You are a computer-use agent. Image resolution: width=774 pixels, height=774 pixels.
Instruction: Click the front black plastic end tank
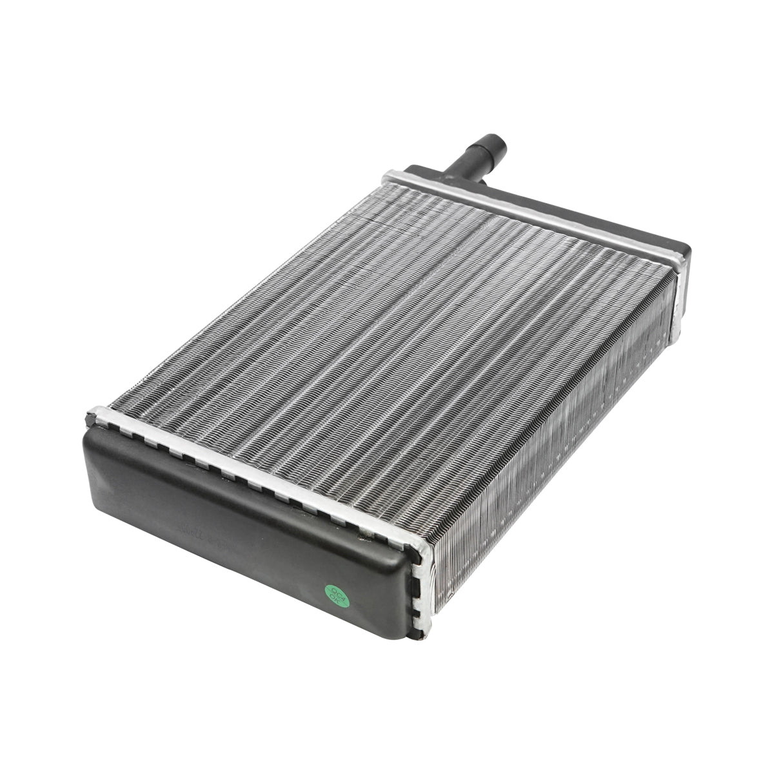[245, 503]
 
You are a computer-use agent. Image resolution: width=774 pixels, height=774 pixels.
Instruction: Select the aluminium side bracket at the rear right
[677, 297]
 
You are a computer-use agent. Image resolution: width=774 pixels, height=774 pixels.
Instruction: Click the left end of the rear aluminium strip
[391, 175]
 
